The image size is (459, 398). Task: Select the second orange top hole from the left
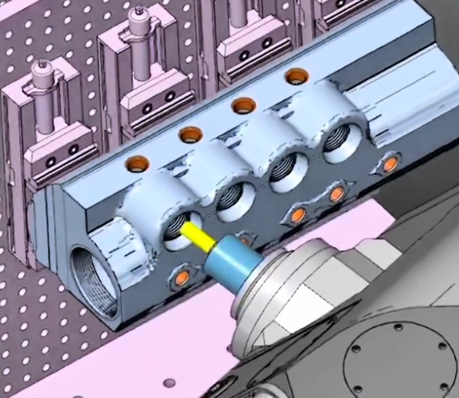click(x=189, y=134)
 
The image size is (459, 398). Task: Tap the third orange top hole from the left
click(x=242, y=104)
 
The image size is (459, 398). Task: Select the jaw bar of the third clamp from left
click(x=249, y=53)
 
